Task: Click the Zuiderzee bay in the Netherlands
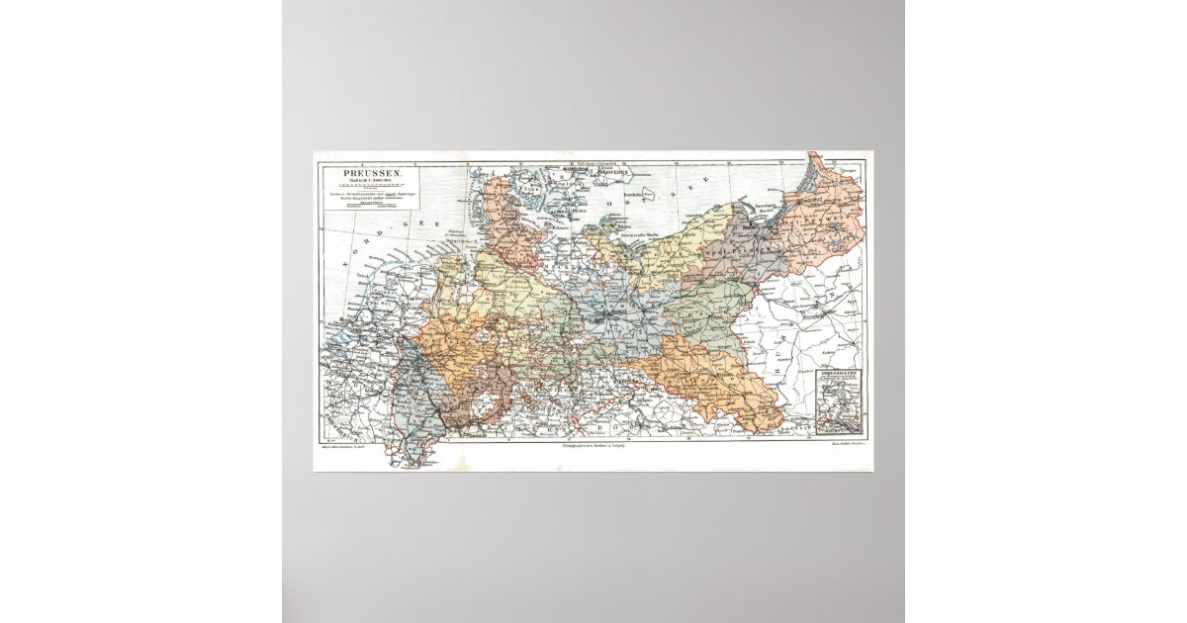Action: [374, 302]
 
